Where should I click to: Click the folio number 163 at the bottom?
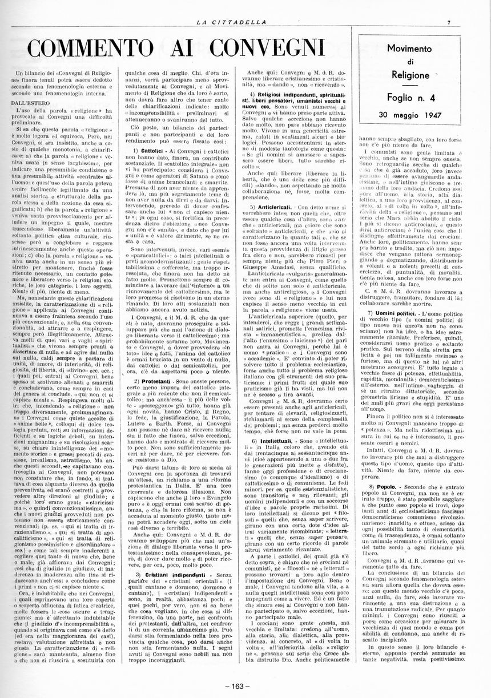tap(244, 686)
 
